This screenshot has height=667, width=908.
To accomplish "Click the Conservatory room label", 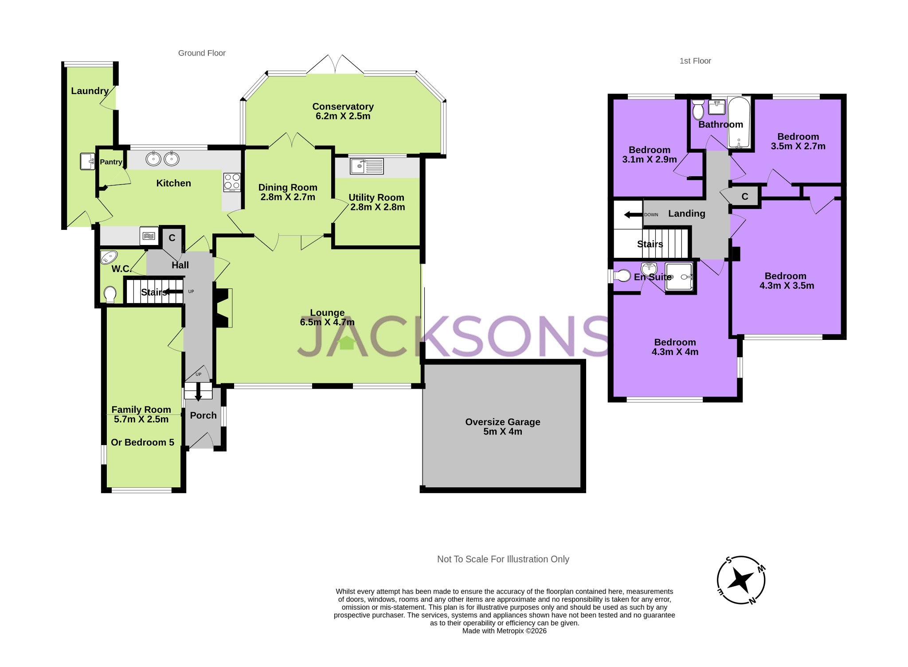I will coord(343,107).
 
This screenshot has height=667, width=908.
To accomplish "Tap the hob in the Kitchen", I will coord(232,182).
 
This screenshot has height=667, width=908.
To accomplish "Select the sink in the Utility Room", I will coord(367,166).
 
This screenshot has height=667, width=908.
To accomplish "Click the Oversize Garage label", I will coord(502,422).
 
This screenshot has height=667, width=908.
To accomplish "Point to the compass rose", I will coord(741,580).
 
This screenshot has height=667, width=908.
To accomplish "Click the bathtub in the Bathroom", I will coord(739,122).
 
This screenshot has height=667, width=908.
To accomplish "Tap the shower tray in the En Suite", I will coord(679,277).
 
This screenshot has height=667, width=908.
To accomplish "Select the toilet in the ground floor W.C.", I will coord(110,294).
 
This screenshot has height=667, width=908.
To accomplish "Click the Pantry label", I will coord(111,162).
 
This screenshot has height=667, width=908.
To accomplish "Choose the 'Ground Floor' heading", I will coord(202,53).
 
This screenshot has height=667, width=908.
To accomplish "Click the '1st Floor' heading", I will coord(695,61).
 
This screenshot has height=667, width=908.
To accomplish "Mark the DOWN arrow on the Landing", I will coord(633,215).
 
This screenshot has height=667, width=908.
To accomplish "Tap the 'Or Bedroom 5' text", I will coord(142,442).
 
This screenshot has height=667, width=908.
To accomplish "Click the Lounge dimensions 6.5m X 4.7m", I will coord(327,322).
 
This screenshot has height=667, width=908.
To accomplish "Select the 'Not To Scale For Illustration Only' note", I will coord(503,559).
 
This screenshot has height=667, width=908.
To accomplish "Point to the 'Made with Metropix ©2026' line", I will coord(504,631).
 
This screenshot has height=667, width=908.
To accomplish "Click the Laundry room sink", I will coord(87,162).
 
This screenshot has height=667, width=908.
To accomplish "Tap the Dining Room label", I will coord(288,187).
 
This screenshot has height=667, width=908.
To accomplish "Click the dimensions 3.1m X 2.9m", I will coord(649,159).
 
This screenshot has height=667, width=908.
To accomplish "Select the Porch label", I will coord(203,415).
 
